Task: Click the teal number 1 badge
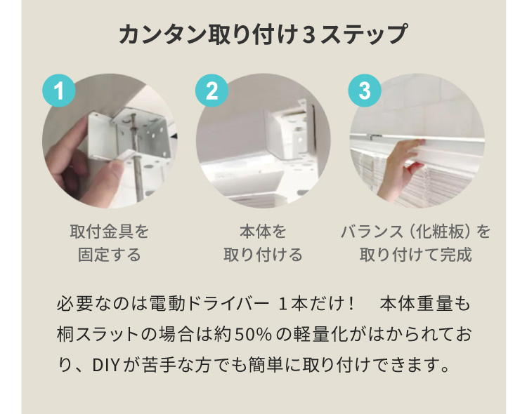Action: [x=60, y=91]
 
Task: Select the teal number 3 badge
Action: [x=365, y=91]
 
